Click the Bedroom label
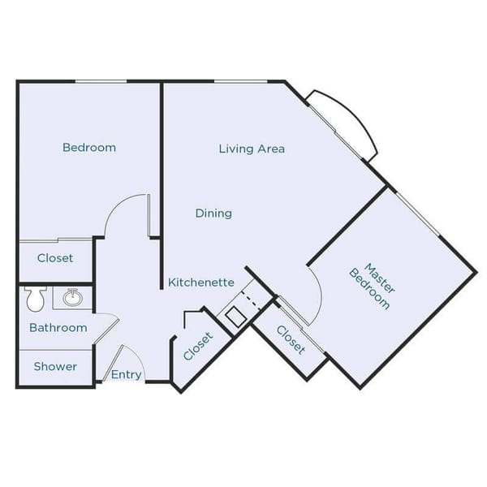click(89, 148)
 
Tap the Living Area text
click(252, 149)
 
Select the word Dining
click(213, 213)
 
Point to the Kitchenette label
click(201, 282)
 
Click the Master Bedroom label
click(374, 286)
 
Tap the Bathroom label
click(58, 328)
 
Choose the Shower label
click(55, 367)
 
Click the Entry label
click(127, 375)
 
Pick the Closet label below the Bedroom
click(55, 258)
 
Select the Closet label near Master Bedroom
click(291, 339)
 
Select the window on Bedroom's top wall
click(101, 81)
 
